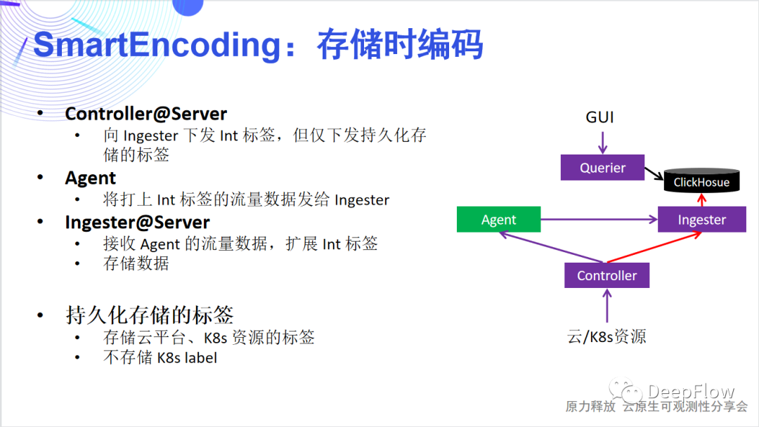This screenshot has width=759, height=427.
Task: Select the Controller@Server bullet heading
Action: tap(146, 114)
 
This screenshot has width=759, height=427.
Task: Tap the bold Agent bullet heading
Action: tap(91, 178)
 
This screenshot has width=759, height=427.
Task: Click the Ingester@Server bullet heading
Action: tap(138, 223)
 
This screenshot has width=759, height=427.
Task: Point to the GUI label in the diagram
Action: tap(600, 117)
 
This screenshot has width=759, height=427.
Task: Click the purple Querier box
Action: tap(602, 168)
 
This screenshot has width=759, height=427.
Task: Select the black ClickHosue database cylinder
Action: tap(701, 182)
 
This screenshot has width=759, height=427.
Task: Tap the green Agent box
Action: tap(498, 220)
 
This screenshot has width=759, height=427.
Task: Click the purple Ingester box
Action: tap(701, 220)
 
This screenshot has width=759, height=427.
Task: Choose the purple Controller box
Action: tap(606, 275)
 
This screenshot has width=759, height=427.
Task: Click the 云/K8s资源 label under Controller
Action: tap(606, 336)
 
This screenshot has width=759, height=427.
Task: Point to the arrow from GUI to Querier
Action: tap(602, 140)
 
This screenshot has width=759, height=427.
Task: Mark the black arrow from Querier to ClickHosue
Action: tap(654, 174)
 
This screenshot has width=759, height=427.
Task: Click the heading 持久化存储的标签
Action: tap(150, 315)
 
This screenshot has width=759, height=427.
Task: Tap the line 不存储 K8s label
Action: tap(160, 357)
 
